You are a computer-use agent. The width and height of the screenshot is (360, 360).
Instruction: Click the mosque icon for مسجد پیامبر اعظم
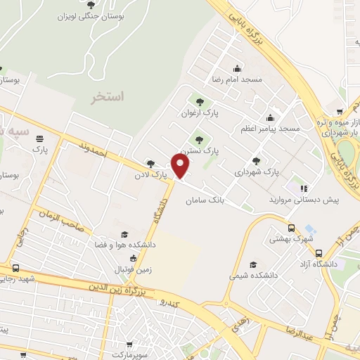coord(271,117)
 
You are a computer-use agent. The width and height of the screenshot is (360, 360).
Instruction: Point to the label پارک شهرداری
coord(257,171)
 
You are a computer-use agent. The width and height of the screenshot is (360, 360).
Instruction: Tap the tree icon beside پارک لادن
coord(150,163)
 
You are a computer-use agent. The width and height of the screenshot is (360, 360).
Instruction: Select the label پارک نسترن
coord(199,150)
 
